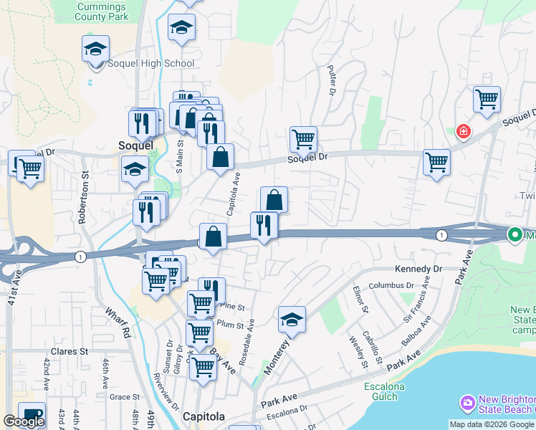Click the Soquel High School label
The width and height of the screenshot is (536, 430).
(x=150, y=63)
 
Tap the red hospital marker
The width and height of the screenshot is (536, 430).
(x=463, y=131)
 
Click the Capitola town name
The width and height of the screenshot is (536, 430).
(x=204, y=416)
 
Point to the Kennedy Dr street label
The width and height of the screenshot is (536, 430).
(x=419, y=269)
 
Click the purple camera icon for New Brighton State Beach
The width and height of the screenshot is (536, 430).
(x=468, y=403)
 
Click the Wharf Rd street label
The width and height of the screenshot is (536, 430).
(x=119, y=322)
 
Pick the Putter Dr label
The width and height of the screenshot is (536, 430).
(x=331, y=80)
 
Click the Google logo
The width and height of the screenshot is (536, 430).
(x=24, y=421)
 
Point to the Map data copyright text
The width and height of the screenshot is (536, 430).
(x=492, y=424)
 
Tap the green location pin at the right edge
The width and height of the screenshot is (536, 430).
(x=515, y=234)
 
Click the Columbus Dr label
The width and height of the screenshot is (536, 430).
(x=391, y=285)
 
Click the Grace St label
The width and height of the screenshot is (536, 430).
(x=124, y=396)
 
